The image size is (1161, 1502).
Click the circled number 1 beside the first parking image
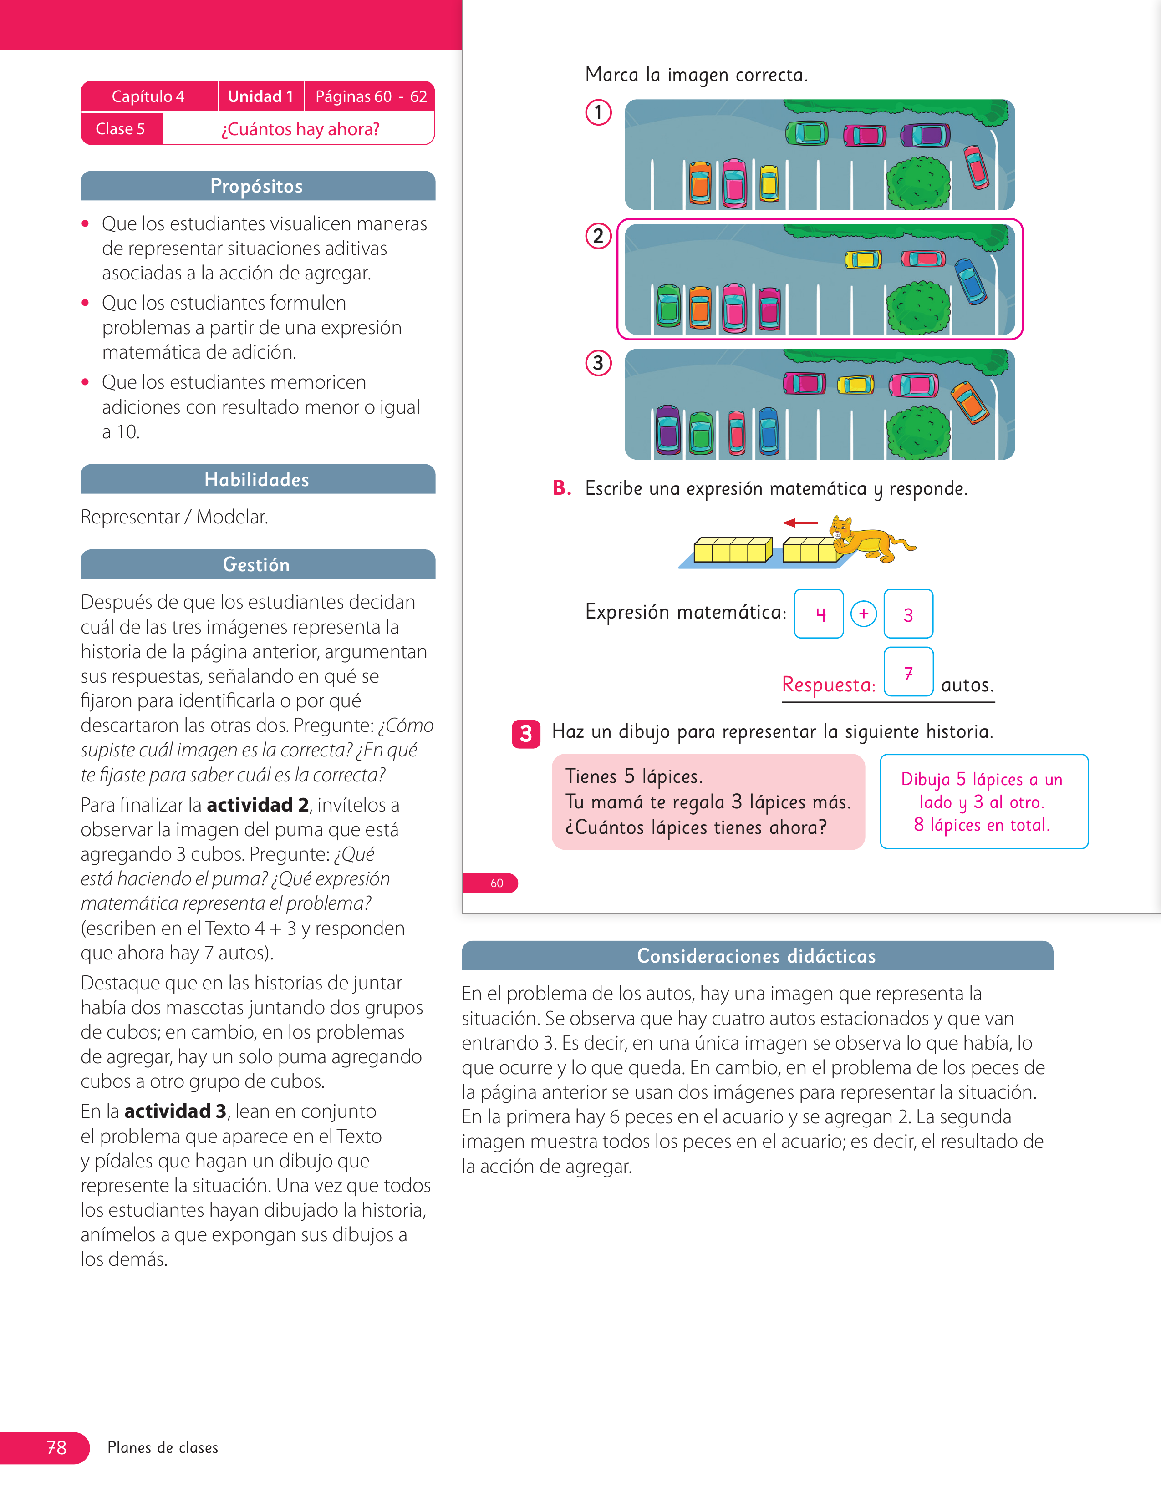[598, 112]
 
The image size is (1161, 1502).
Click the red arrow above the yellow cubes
[800, 523]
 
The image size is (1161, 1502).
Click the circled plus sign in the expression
[864, 614]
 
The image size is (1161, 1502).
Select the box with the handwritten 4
[819, 614]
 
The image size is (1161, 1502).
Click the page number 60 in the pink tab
[497, 883]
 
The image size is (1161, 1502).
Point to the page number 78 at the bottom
[56, 1448]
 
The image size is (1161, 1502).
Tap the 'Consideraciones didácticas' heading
[757, 956]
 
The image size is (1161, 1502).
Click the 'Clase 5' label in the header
[120, 129]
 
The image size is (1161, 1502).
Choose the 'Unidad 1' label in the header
[261, 96]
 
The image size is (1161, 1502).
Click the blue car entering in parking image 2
[971, 280]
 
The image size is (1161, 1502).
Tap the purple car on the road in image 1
[926, 135]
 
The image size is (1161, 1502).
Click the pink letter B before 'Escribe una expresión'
[562, 487]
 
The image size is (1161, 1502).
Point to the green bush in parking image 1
[918, 182]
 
